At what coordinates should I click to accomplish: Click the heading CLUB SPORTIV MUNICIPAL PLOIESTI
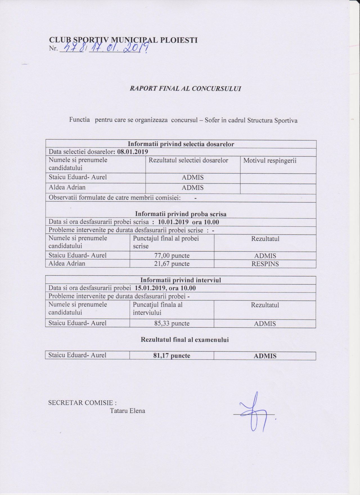pos(123,40)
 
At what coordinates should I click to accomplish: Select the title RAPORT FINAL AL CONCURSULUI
pos(185,88)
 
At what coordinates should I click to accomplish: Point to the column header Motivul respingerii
pos(270,161)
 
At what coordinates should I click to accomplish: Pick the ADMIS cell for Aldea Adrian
pos(193,188)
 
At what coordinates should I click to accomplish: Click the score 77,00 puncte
pos(172,256)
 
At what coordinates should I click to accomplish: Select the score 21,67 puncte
pos(172,264)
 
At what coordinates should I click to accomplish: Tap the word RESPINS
pos(265,264)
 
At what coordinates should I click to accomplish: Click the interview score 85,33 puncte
pos(172,323)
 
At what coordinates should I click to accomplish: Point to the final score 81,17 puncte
pos(172,356)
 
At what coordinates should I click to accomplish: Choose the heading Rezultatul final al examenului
pos(184,339)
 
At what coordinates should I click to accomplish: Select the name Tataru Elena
pos(128,411)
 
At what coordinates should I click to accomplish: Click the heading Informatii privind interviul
pos(181,280)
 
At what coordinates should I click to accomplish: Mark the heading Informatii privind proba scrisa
pos(181,214)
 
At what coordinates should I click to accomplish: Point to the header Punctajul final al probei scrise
pos(166,242)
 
